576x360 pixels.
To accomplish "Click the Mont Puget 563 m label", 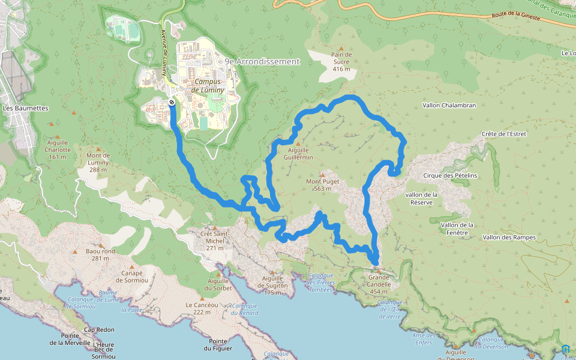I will click(x=323, y=185).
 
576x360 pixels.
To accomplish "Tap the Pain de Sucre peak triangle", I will click(x=341, y=49).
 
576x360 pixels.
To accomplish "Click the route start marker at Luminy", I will click(x=172, y=103).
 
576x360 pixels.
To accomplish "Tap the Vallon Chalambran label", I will click(x=449, y=105).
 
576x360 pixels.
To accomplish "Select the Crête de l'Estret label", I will click(x=503, y=134).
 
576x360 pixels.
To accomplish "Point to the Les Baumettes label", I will click(x=25, y=108).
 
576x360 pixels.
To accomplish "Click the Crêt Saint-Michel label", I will click(x=214, y=237).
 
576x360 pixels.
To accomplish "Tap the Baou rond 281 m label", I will click(x=100, y=255).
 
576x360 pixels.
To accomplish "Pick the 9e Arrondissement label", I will click(x=262, y=61).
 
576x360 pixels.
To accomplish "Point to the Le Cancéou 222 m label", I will click(x=198, y=308).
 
